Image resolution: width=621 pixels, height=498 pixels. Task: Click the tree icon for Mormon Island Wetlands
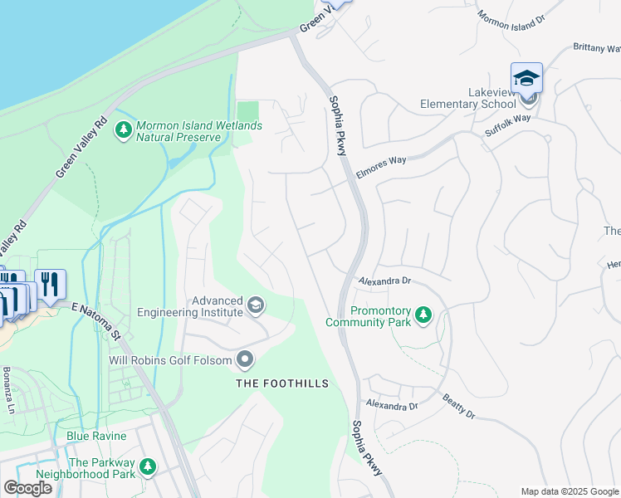[x=124, y=130]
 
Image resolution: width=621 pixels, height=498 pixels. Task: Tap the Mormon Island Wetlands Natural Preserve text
[x=198, y=131]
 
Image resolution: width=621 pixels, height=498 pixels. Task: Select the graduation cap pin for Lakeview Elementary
[x=526, y=79]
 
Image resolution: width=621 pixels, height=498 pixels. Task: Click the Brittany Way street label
[x=596, y=48]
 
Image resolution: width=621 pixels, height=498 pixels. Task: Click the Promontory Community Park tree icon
[x=424, y=315]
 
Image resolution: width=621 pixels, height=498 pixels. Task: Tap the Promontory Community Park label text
[x=369, y=316]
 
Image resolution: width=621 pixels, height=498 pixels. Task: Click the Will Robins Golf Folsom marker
[x=245, y=360]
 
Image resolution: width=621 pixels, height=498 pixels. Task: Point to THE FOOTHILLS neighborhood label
[x=282, y=383]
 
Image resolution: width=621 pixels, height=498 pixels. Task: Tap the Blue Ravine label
[x=96, y=436]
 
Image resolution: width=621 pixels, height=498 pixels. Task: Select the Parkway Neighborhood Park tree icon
[x=147, y=468]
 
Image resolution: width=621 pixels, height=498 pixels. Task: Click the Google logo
[x=27, y=488]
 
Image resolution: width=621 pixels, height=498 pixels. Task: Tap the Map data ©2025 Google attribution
[x=569, y=491]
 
